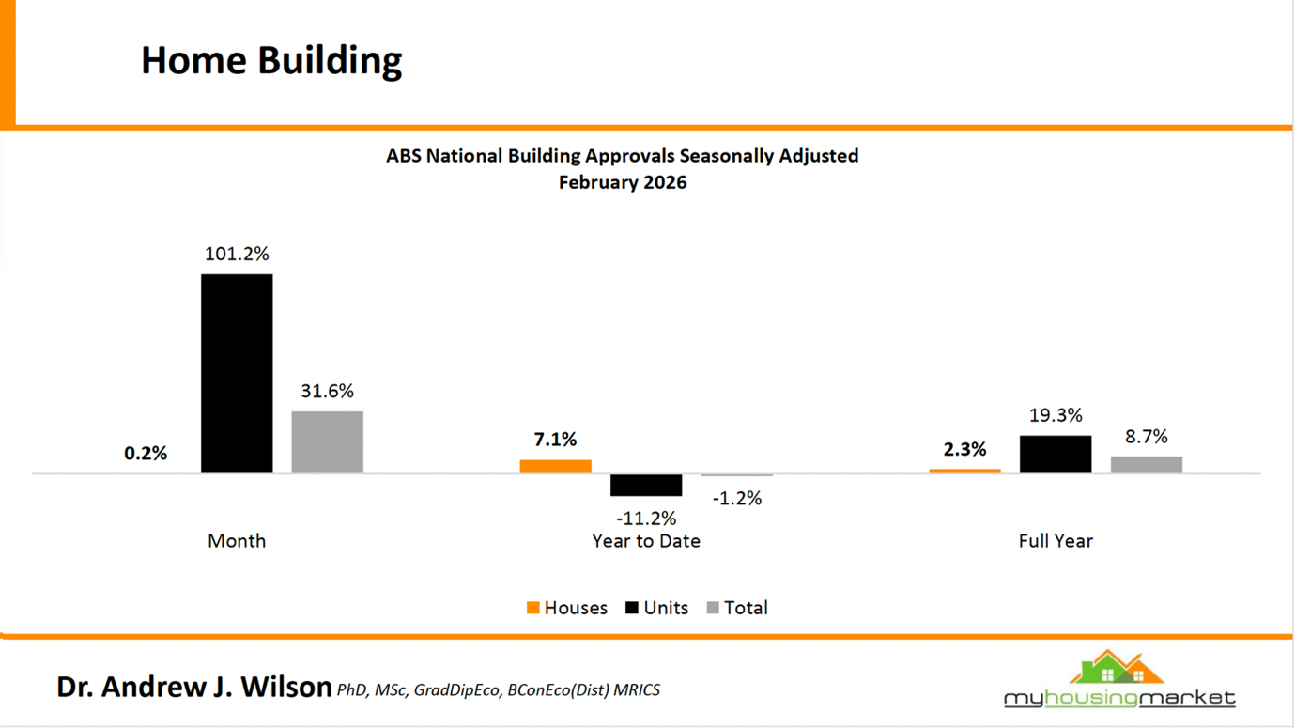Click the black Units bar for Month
coord(237,374)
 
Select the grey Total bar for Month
coord(327,442)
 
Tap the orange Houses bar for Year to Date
coord(555,467)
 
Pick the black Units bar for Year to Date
coord(646,485)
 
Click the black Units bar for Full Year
coord(1056,455)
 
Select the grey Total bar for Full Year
coord(1146,465)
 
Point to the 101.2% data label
coord(237,254)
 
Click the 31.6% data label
coord(327,391)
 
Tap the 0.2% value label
coord(146,453)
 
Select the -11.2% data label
coord(646,518)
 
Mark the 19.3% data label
coord(1056,414)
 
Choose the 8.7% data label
coord(1146,437)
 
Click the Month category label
coord(237,541)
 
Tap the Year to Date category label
coord(646,541)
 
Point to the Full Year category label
coord(1056,541)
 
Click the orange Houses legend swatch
coord(533,608)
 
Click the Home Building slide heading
coord(271,60)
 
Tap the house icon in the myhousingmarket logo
coord(1117,668)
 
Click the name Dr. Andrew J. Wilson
coord(193,687)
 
